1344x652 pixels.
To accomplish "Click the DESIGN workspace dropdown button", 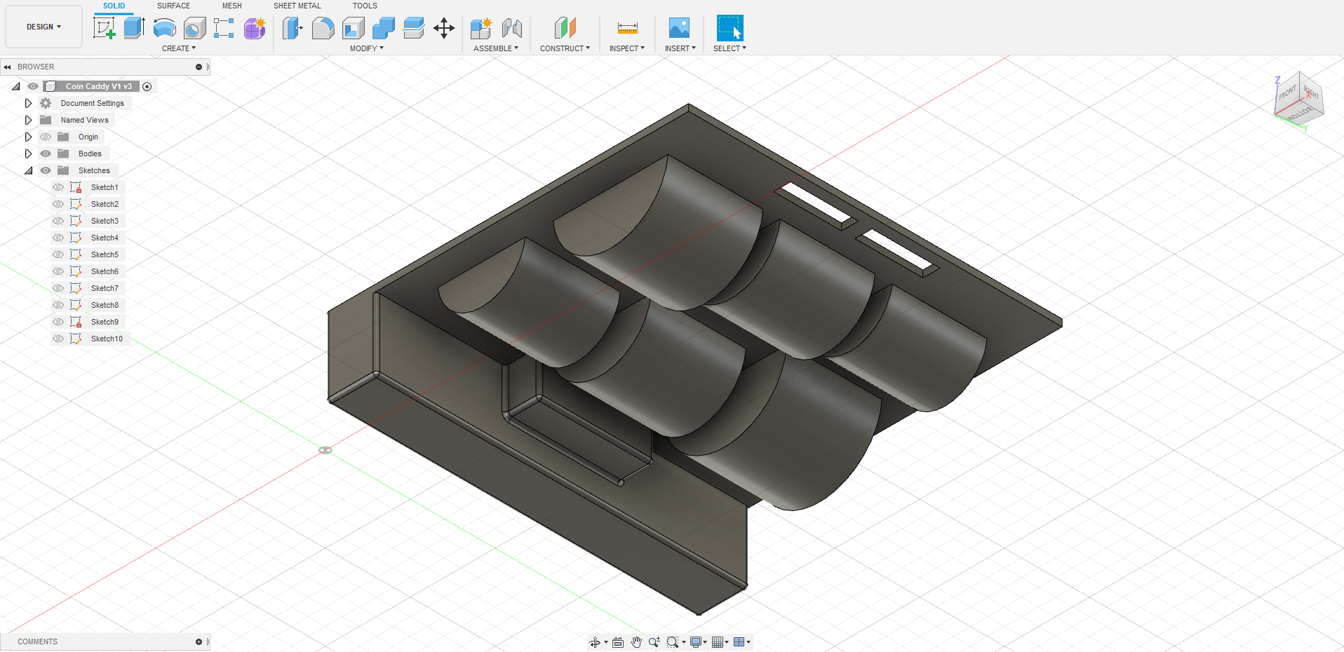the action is click(43, 27).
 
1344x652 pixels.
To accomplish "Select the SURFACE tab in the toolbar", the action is click(173, 6).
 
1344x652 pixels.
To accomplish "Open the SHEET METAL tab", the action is click(297, 6).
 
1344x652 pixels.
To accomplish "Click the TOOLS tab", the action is click(365, 6).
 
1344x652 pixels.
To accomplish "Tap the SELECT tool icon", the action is click(730, 28).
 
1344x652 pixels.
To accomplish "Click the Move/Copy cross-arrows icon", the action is click(444, 28).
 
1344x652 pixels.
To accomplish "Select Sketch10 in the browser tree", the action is click(107, 339).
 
